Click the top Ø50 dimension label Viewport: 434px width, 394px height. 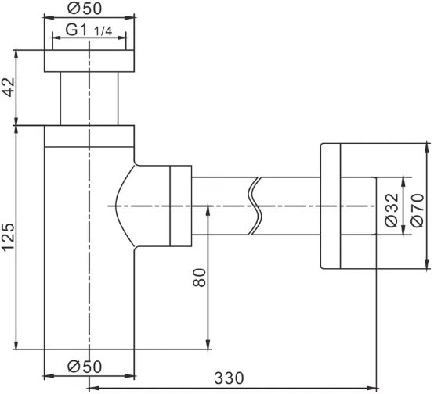pos(85,9)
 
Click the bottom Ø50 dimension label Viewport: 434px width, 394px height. pos(85,367)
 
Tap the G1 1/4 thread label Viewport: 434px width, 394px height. pos(89,30)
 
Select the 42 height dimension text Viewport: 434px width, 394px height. pos(9,87)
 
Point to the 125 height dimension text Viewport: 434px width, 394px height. pos(9,237)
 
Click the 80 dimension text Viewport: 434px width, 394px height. pos(199,278)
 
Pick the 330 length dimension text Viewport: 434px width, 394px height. pos(230,378)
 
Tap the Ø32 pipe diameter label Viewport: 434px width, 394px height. pos(392,210)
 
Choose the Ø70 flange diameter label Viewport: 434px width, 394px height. pos(418,210)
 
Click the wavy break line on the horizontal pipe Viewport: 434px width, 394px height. pos(255,206)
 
